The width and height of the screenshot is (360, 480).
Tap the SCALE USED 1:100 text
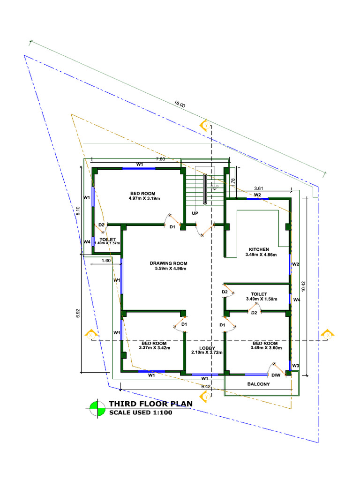141,413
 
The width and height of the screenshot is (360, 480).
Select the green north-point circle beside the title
97,408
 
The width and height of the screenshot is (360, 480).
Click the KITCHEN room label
259,249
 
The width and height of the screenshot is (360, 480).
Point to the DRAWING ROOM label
168,263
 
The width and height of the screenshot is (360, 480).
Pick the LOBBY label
207,348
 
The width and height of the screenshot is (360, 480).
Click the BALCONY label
259,384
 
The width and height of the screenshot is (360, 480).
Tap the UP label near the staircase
195,213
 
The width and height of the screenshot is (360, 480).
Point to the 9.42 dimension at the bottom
205,387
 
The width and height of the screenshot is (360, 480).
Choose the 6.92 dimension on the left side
78,315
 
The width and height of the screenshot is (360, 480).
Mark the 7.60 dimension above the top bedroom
160,159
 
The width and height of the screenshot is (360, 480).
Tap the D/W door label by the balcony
276,375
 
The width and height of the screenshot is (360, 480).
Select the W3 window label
295,366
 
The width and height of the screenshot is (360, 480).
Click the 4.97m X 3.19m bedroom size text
144,198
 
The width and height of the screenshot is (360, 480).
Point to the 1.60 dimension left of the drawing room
105,261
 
